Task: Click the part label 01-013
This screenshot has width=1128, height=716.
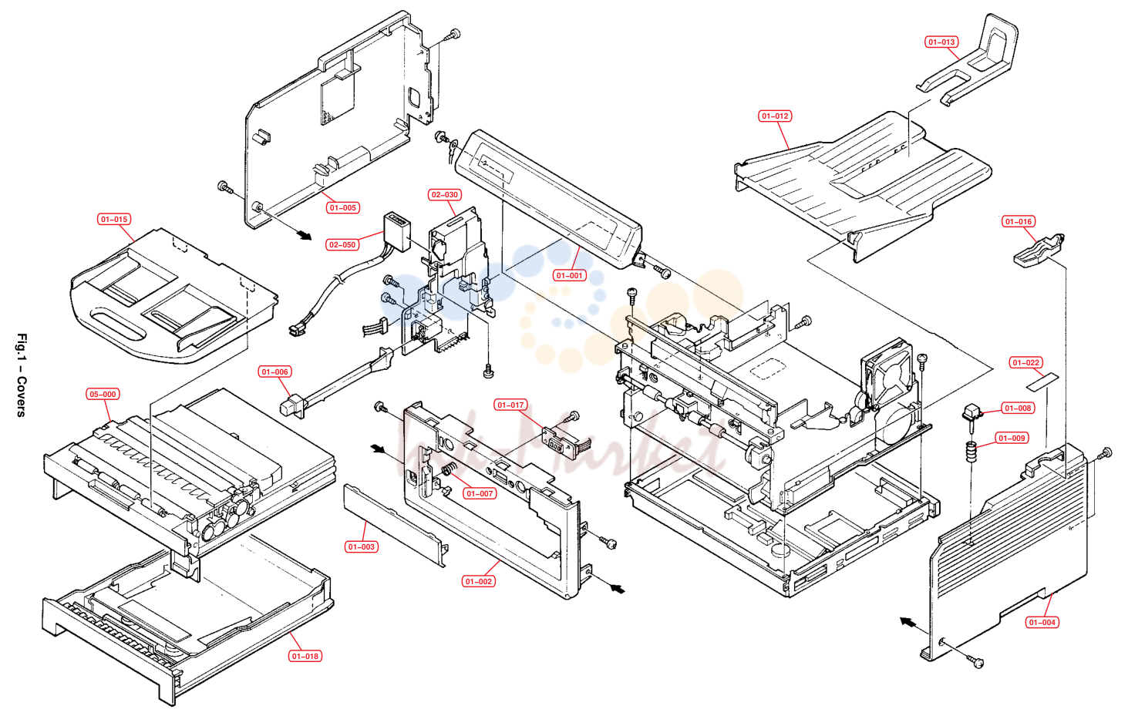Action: click(x=941, y=42)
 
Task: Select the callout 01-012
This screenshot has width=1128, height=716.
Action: click(x=775, y=116)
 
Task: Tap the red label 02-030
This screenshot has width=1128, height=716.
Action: click(x=445, y=195)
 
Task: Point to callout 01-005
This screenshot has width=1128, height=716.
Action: click(x=343, y=208)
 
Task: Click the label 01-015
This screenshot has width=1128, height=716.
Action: click(x=114, y=220)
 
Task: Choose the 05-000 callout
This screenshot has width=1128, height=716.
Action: click(x=103, y=395)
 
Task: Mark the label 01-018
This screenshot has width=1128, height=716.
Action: click(x=305, y=656)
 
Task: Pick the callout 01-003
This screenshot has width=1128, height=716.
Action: click(x=361, y=546)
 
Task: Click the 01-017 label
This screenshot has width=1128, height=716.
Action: click(x=510, y=405)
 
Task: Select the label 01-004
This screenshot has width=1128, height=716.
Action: click(x=1042, y=622)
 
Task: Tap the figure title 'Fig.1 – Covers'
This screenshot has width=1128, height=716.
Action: click(x=22, y=375)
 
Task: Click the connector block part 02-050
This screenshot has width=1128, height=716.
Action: click(x=397, y=232)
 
